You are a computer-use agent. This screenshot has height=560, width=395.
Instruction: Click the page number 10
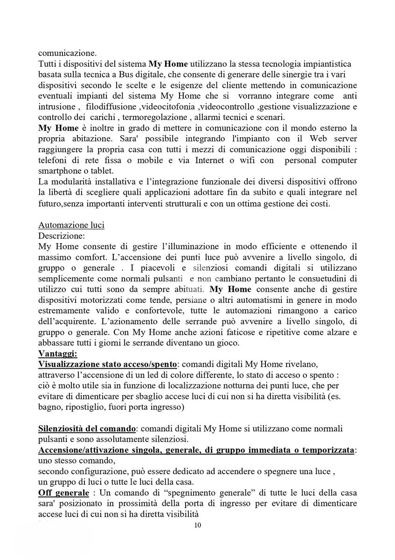(x=197, y=525)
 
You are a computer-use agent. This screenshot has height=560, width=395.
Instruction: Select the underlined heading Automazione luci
(x=71, y=225)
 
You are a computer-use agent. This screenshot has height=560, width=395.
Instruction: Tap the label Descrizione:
(x=62, y=236)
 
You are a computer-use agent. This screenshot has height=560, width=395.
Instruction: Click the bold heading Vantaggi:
(x=58, y=354)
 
